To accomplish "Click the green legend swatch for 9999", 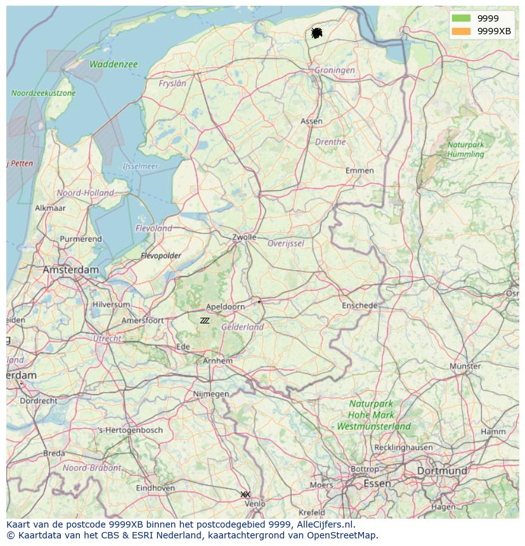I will click(461, 18).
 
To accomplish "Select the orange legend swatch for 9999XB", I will click(461, 31).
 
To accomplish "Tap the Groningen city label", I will click(334, 70).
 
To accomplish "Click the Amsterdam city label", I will click(71, 270).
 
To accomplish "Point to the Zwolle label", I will click(244, 237).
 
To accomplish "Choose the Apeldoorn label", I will click(226, 306).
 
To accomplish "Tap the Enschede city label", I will click(360, 306).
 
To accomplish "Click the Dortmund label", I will click(442, 471).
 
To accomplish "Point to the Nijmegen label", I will click(211, 394).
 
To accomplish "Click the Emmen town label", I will click(360, 171).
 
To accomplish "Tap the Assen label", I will click(311, 121).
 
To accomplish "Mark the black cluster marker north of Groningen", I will click(316, 33).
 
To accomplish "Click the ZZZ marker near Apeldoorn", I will click(204, 321).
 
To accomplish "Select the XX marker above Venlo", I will click(245, 494).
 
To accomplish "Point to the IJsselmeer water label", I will click(140, 166).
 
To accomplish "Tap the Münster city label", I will click(465, 366).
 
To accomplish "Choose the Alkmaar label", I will click(50, 208).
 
